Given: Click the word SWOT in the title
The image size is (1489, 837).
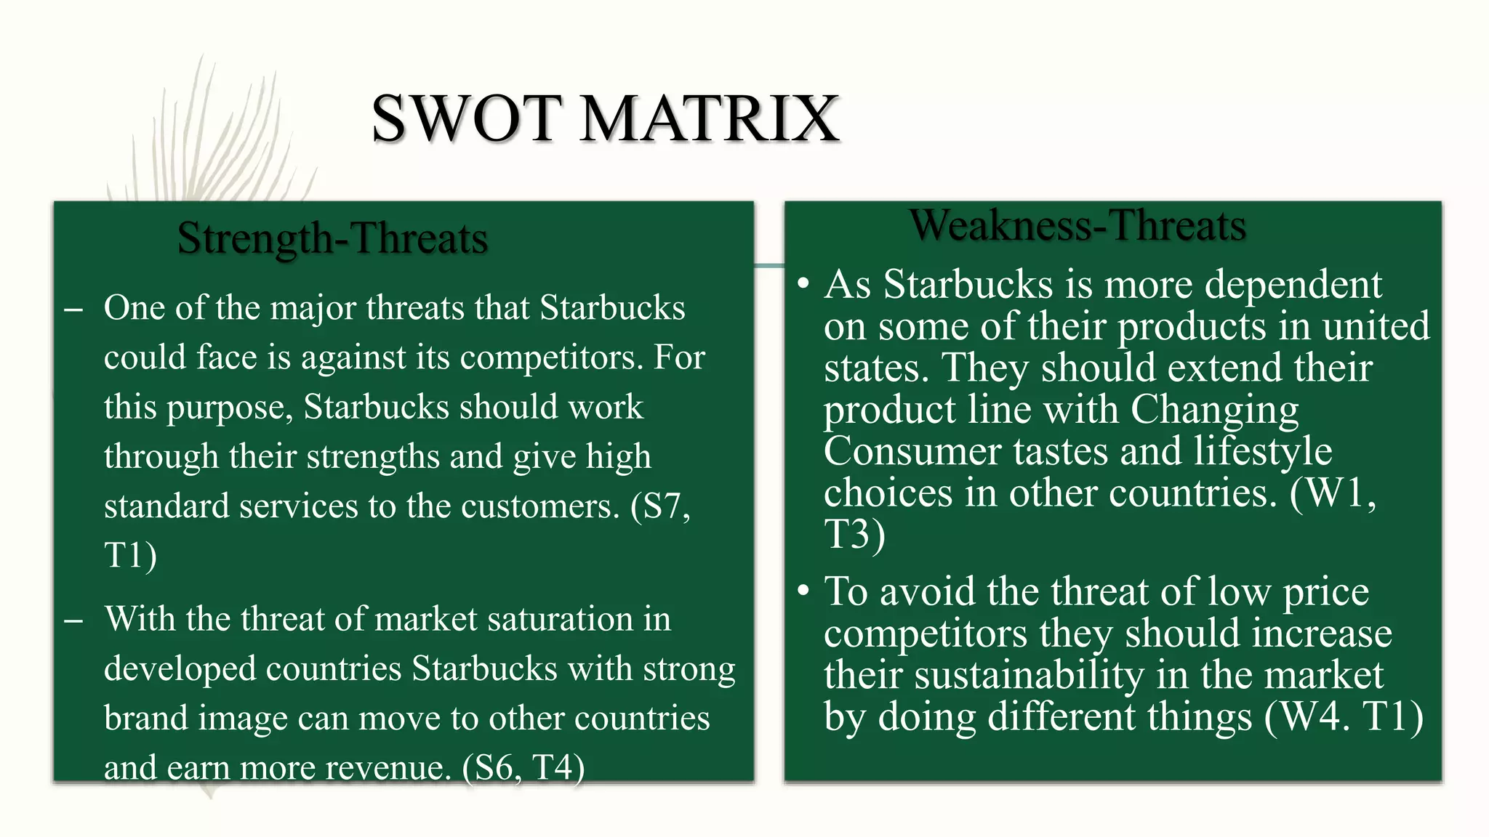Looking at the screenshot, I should point(466,118).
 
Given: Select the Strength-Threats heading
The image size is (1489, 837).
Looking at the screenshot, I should point(332,238).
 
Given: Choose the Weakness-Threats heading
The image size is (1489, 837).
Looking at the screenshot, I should point(1077,225).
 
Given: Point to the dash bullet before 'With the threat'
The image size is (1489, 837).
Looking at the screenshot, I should point(73,620).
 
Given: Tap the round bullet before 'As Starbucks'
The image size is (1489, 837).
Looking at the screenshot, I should point(803,283).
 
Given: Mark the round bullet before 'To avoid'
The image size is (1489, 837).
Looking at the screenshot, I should point(803,591).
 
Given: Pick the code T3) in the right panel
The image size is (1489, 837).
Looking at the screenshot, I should point(854,534).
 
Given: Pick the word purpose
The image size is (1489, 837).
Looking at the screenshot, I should point(230,408).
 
